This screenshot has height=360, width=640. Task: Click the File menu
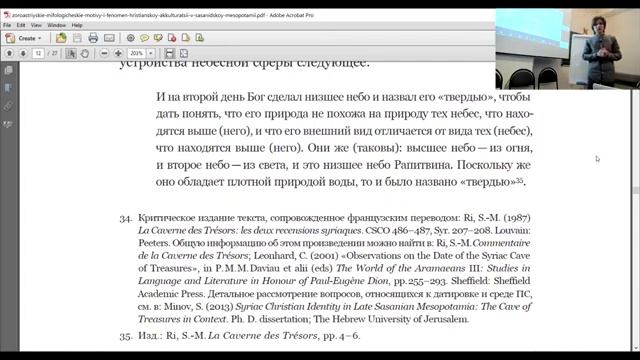coord(7,24)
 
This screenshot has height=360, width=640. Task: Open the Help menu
coord(79,24)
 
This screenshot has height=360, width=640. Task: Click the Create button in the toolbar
coord(29,37)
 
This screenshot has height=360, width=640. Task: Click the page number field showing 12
coord(38,51)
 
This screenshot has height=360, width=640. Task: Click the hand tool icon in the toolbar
coord(92,51)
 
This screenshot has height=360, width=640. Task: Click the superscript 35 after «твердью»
coord(521,179)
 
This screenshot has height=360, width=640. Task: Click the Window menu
coord(57,24)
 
